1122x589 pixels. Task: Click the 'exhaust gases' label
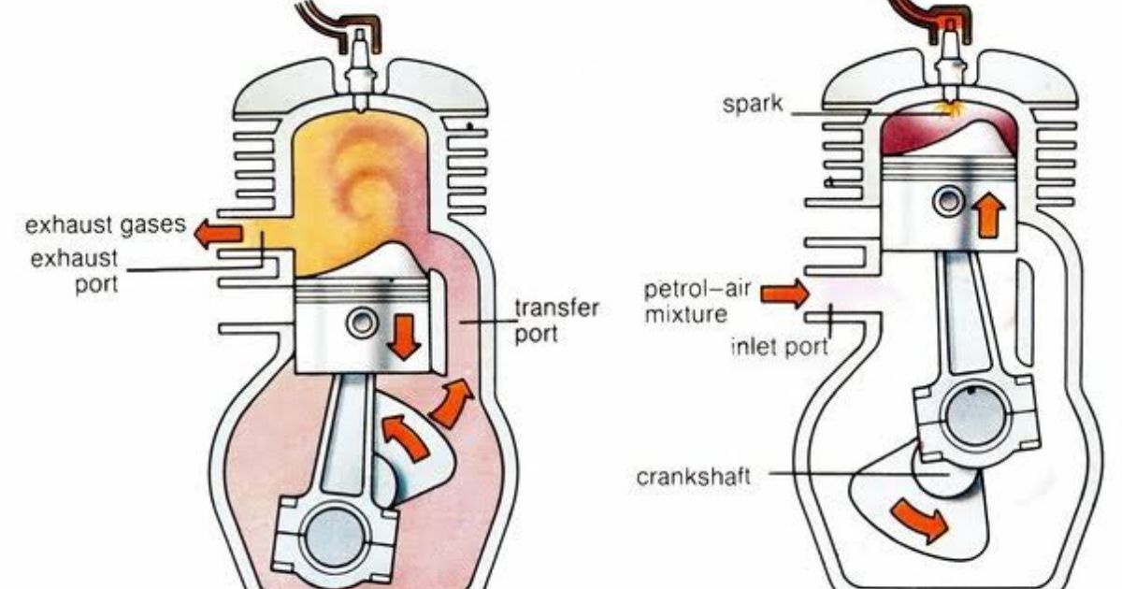point(105,225)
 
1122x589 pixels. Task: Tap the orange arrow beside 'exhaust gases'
point(219,234)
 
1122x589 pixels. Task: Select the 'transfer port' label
point(556,321)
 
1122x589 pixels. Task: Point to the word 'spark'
point(752,104)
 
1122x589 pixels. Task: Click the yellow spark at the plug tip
point(948,109)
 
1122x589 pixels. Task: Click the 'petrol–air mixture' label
point(697,301)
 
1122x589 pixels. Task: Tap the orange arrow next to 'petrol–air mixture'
point(784,294)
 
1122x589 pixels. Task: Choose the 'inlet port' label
point(780,347)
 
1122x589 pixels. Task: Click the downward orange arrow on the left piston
point(404,337)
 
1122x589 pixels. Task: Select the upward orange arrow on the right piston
point(988,215)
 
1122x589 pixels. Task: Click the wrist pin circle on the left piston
point(362,323)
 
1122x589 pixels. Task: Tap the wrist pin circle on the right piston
point(948,201)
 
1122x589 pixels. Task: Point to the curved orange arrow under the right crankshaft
point(921,520)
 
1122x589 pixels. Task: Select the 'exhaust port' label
point(75,271)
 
